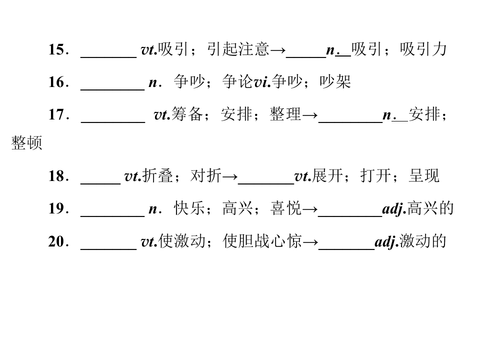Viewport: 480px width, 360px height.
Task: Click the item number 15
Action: [x=56, y=49]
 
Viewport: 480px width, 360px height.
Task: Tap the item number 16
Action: [x=56, y=82]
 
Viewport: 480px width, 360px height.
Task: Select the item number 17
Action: [x=56, y=114]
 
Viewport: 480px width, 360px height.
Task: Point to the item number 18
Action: [x=56, y=176]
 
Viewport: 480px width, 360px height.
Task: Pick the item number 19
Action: [x=56, y=208]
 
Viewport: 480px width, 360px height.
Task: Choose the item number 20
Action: [x=56, y=241]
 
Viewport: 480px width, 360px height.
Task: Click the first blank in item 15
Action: [x=108, y=57]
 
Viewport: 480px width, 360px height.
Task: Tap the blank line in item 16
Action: [x=112, y=89]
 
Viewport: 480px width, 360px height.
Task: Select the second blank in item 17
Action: [x=350, y=122]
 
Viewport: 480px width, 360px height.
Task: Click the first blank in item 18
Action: [x=100, y=183]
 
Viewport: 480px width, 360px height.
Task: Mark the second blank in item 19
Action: [x=350, y=216]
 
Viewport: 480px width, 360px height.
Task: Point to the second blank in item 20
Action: [x=346, y=249]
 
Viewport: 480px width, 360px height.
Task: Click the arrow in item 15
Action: [x=278, y=50]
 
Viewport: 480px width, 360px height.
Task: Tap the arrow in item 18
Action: [x=230, y=176]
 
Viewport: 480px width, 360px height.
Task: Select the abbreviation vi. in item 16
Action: [x=262, y=82]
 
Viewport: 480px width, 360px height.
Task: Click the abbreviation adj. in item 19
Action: [x=394, y=209]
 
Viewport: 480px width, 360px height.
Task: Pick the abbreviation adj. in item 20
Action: [x=387, y=242]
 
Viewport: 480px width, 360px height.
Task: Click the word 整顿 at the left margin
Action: [x=26, y=142]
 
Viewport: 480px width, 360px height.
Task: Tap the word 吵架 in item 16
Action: [x=335, y=81]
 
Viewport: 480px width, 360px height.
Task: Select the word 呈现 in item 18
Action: [x=424, y=175]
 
